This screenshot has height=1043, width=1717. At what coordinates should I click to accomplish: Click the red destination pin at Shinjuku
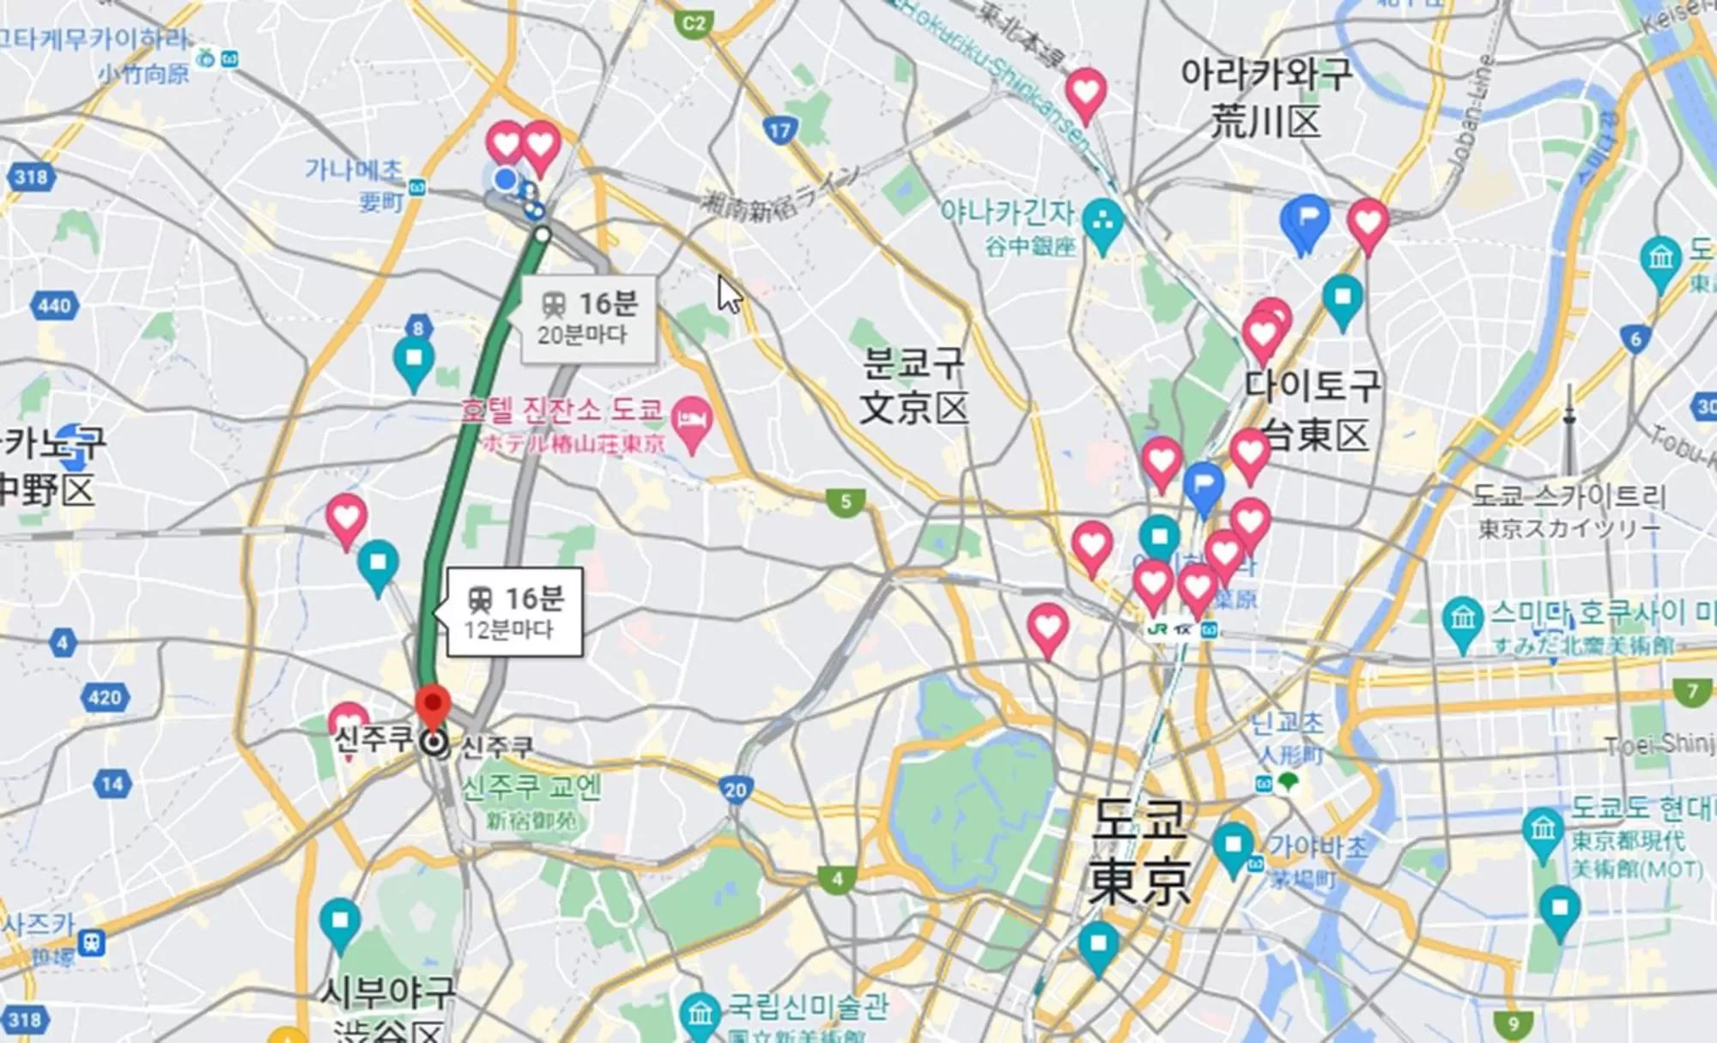[x=433, y=706]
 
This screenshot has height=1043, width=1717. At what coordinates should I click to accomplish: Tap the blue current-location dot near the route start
[x=506, y=179]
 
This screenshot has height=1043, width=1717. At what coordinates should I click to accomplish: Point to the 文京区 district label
[x=913, y=409]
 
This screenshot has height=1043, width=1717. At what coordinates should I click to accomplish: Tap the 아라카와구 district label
[x=1266, y=75]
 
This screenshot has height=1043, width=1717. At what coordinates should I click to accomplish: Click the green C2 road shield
[x=693, y=23]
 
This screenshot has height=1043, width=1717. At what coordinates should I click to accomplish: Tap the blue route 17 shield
[x=780, y=130]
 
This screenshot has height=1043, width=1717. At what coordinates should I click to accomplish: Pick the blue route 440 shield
[x=54, y=306]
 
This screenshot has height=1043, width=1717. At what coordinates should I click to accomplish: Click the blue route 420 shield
[x=105, y=697]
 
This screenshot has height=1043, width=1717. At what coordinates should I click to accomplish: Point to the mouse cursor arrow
[x=729, y=294]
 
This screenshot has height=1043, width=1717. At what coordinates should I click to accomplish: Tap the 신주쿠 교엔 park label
[x=531, y=787]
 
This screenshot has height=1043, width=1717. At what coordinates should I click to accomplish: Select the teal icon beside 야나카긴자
[x=1102, y=222]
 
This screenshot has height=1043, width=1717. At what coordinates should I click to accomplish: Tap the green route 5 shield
[x=846, y=501]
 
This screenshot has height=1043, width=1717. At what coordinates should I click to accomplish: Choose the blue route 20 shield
[x=735, y=790]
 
